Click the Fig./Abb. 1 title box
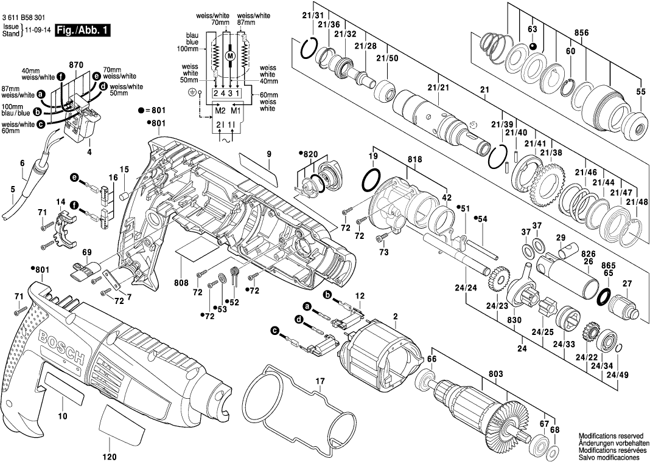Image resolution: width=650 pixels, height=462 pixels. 82,30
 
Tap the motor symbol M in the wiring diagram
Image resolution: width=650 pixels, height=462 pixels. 229,56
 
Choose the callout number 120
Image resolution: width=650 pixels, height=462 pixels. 110,455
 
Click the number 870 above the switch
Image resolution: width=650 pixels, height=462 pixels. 75,64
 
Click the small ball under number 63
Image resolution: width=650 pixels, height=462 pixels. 532,46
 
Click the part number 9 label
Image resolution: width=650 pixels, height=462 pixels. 268,154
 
